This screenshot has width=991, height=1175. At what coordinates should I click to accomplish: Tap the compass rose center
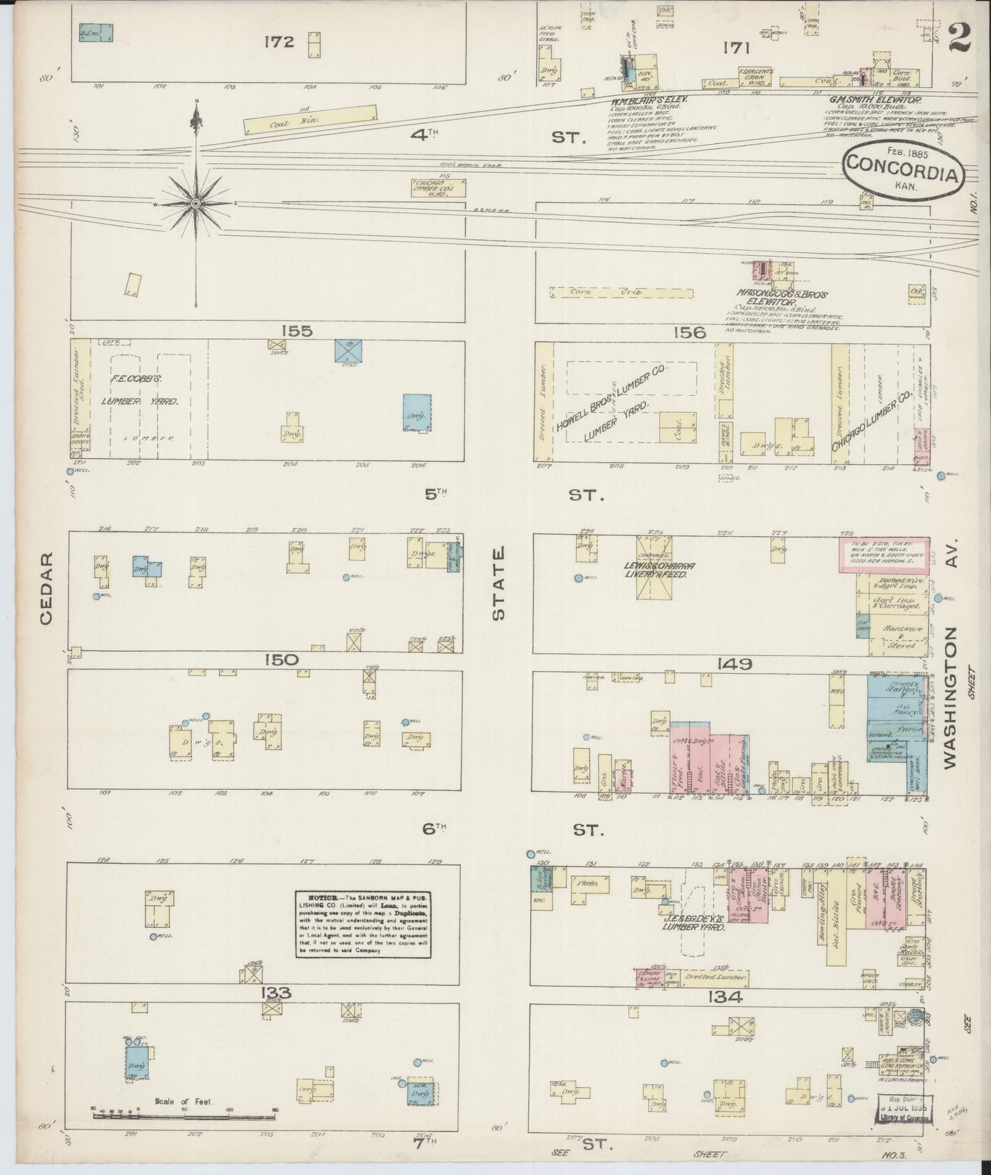tap(196, 204)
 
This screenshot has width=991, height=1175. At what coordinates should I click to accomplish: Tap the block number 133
tap(276, 993)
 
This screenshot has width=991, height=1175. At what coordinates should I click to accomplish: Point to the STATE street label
tap(499, 583)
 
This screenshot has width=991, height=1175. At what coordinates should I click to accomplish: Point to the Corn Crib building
tap(621, 292)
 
